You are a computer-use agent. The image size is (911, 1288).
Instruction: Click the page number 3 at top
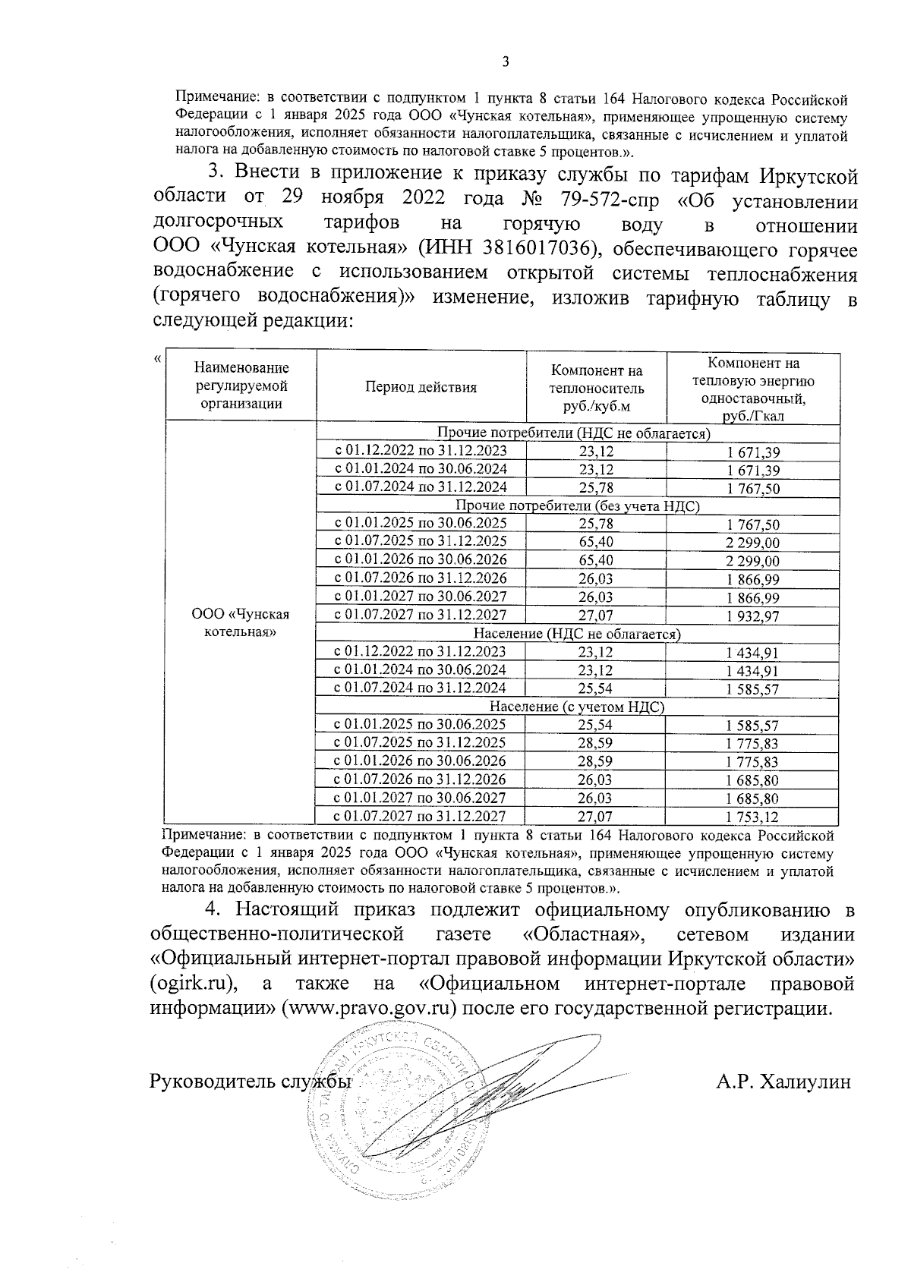(x=506, y=62)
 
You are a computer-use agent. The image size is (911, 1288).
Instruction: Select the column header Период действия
(x=421, y=387)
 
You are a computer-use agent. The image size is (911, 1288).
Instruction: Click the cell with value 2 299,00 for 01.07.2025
(x=752, y=543)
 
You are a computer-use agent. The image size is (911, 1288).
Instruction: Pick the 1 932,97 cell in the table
(x=752, y=617)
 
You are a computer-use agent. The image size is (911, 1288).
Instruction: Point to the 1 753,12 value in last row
(x=752, y=817)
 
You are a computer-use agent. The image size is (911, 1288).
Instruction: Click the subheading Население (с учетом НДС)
(x=577, y=707)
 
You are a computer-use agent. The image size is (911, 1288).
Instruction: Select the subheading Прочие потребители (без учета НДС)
(x=577, y=506)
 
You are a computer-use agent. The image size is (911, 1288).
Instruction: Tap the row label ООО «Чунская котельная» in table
(x=241, y=623)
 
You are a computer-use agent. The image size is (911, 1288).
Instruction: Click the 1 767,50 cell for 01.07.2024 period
(x=752, y=489)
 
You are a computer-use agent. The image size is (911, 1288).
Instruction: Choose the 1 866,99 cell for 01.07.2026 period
(x=752, y=580)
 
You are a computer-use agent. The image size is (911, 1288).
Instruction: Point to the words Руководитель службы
(x=251, y=1082)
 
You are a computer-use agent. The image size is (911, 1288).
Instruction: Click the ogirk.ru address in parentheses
(x=192, y=984)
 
